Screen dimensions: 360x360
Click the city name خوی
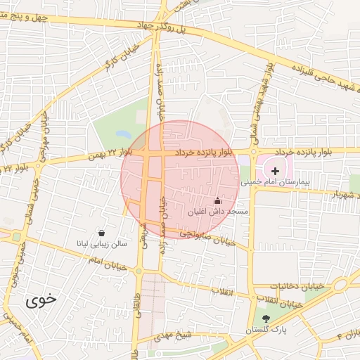(41, 301)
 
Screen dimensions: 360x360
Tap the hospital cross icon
(275, 171)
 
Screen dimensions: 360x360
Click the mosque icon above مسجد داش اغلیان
(217, 200)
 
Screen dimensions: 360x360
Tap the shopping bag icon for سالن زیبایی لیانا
(103, 233)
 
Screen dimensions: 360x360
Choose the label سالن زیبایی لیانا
(103, 244)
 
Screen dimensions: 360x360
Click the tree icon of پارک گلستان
(265, 319)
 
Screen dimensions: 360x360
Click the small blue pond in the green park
(124, 134)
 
